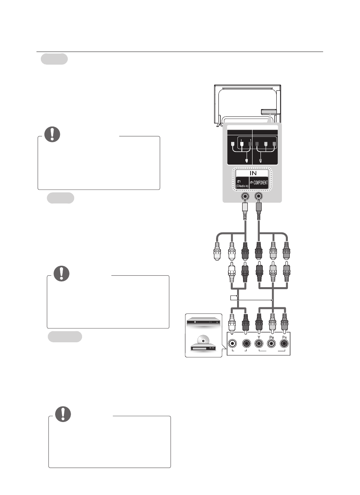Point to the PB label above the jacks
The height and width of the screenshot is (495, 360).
[x=272, y=337]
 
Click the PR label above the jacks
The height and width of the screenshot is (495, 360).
[x=284, y=337]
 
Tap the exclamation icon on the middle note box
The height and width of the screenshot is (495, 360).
[x=61, y=273]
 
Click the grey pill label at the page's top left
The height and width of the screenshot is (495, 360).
[x=54, y=59]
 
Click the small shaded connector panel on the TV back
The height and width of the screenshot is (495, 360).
[x=266, y=113]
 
